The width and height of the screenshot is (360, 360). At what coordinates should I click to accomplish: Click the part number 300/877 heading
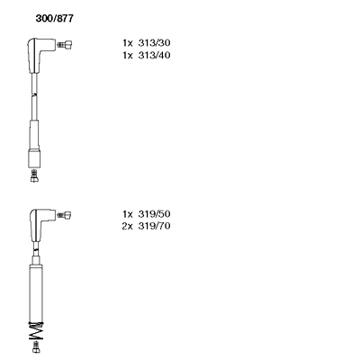[x=54, y=19]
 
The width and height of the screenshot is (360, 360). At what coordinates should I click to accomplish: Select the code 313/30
[x=154, y=43]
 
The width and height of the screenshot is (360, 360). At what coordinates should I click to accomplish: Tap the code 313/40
[x=154, y=55]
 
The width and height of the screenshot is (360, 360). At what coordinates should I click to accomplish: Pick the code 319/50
[x=154, y=214]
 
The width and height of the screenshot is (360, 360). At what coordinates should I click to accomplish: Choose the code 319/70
[x=154, y=226]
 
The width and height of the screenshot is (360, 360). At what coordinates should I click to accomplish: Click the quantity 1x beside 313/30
[x=128, y=43]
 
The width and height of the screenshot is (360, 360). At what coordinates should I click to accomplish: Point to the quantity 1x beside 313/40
[x=128, y=55]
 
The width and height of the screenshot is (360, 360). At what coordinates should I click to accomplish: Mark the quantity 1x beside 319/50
[x=128, y=214]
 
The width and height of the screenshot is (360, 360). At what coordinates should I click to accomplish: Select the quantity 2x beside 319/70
[x=127, y=226]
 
